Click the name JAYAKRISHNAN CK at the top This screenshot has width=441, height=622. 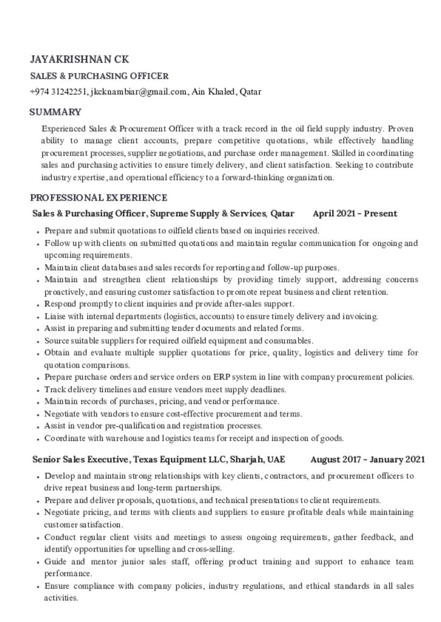click(x=80, y=60)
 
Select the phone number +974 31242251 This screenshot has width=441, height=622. click(x=58, y=92)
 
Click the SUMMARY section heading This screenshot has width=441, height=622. click(x=55, y=112)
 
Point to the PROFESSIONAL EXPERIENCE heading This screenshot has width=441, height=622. click(x=99, y=197)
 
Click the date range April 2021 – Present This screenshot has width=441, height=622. click(x=355, y=213)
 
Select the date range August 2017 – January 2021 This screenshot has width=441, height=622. click(x=367, y=459)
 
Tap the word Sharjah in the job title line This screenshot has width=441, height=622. click(x=246, y=459)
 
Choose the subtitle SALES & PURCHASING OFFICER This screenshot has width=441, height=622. click(x=99, y=77)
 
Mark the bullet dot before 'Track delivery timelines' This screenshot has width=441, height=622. click(x=38, y=390)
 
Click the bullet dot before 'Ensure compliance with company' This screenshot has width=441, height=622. click(x=38, y=587)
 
